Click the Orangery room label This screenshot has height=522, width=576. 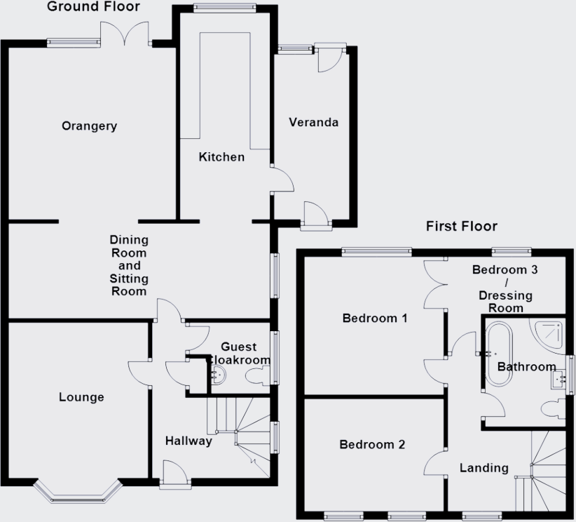pos(89,126)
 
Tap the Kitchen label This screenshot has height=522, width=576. pos(221,157)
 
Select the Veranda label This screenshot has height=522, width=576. pos(314,122)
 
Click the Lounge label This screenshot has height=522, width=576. pos(81,397)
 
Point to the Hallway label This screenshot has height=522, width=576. pos(188,441)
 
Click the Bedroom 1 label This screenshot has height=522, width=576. pos(374,319)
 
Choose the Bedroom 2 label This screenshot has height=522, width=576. pos(372,445)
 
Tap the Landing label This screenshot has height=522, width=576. pos(484,467)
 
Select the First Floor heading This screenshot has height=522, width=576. pos(462,226)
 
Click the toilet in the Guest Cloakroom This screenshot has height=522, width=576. pos(255,377)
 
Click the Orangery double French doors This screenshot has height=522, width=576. pos(125,34)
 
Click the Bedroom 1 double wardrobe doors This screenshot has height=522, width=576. pos(434,285)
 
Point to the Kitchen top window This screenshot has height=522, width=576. pos(224,8)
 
